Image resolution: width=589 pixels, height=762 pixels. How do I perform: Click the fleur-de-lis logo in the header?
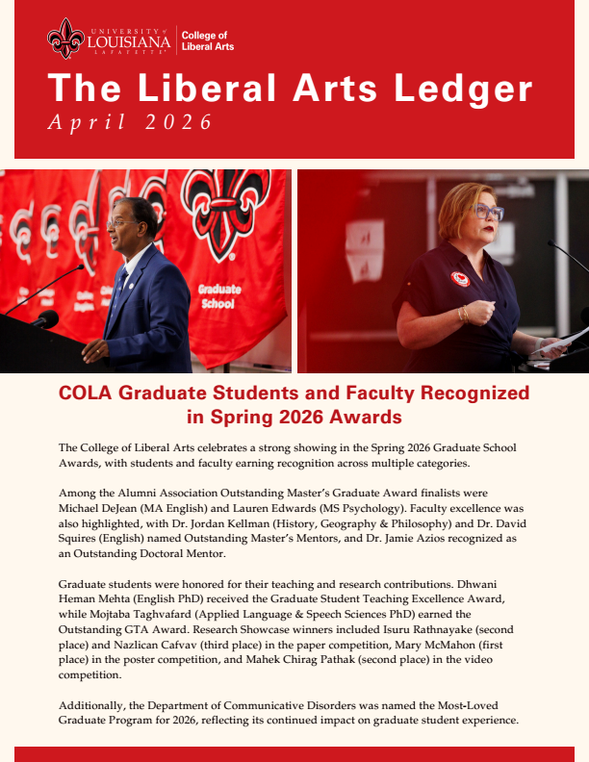coord(65,38)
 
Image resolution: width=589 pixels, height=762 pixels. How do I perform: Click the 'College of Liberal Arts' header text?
coord(207,40)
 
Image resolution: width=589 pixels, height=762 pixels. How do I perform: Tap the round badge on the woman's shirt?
coord(460,279)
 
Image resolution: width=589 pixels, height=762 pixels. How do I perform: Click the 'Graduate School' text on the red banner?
coord(218,295)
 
